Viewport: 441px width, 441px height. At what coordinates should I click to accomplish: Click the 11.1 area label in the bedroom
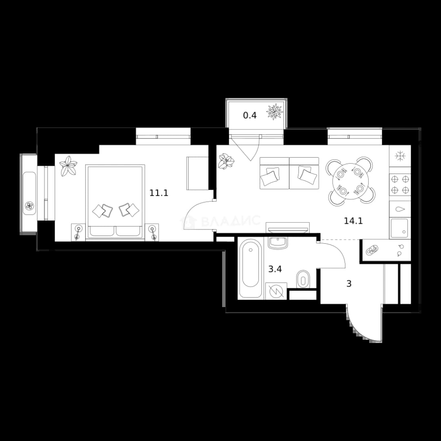coord(158,193)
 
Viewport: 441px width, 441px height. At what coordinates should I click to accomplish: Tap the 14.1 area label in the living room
coord(353,221)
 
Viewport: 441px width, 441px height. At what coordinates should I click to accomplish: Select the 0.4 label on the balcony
coord(250,115)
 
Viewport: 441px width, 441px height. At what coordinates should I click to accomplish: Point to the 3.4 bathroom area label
coord(275,269)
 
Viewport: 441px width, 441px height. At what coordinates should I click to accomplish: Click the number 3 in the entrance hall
coord(349,284)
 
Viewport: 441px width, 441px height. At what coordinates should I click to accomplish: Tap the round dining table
coord(350,181)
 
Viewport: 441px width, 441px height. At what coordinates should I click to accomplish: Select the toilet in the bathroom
coord(303,279)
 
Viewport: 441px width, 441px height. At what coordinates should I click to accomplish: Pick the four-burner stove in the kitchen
coord(400,185)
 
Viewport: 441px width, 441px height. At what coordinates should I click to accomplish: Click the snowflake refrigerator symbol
coord(400,156)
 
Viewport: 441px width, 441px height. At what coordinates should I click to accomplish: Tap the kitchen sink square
coord(399,228)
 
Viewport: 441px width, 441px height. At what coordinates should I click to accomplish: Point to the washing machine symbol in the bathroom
coord(276,291)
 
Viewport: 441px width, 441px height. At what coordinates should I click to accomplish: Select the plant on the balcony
coord(274,111)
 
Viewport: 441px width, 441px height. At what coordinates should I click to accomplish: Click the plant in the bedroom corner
coord(68,166)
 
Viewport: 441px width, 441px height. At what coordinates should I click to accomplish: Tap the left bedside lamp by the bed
coord(78,232)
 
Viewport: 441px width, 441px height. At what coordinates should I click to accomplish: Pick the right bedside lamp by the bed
coord(152,232)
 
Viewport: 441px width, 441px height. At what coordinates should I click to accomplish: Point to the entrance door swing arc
coord(357,329)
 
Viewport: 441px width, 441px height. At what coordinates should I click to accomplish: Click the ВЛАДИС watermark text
coord(231,221)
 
